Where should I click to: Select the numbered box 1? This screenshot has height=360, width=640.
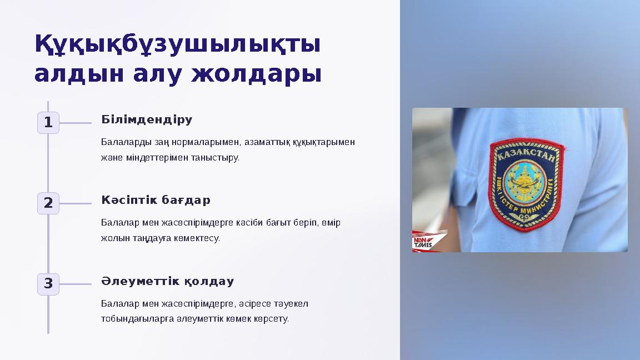tap(48, 123)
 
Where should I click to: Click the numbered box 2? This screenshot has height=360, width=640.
tap(48, 203)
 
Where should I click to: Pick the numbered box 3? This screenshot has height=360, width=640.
tap(48, 284)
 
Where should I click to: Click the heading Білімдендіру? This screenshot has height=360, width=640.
tap(147, 119)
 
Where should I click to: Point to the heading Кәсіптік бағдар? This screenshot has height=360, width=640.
tap(156, 200)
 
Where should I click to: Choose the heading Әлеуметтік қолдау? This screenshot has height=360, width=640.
tap(167, 281)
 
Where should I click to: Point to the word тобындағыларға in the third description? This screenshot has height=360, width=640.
tap(138, 319)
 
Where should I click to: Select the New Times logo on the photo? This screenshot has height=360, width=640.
tap(423, 242)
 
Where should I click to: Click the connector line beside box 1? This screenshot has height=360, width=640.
tap(75, 123)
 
